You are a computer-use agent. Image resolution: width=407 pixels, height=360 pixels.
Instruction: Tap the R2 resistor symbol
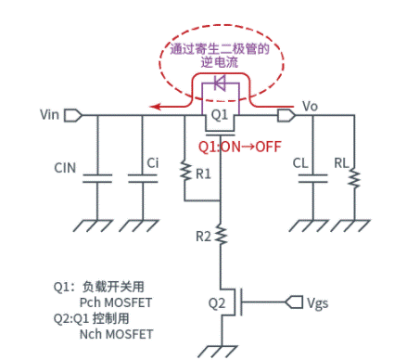pyautogui.click(x=221, y=237)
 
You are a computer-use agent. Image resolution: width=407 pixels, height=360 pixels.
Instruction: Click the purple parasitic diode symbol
pyautogui.click(x=220, y=83)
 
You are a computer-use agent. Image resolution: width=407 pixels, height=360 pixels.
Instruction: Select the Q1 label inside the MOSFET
pyautogui.click(x=220, y=115)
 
